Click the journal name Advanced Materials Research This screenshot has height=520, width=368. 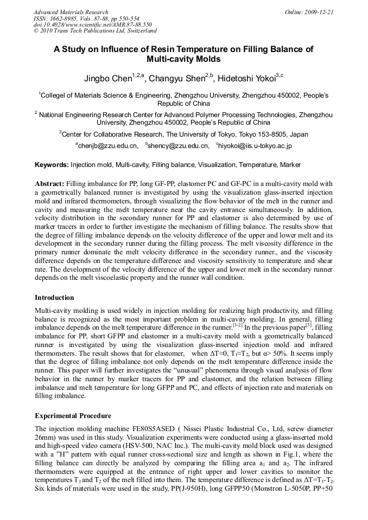point(71,12)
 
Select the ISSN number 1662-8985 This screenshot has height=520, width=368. point(64,18)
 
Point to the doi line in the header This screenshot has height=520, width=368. point(92,24)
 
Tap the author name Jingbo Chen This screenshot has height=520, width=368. point(107,79)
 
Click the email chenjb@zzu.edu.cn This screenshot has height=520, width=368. point(107,146)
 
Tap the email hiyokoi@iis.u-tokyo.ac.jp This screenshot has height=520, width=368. point(255,146)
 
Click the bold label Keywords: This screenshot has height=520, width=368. point(52,165)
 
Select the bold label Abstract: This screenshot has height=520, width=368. point(50,184)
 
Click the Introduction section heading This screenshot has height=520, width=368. point(55,298)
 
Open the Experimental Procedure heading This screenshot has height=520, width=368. point(73,416)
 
